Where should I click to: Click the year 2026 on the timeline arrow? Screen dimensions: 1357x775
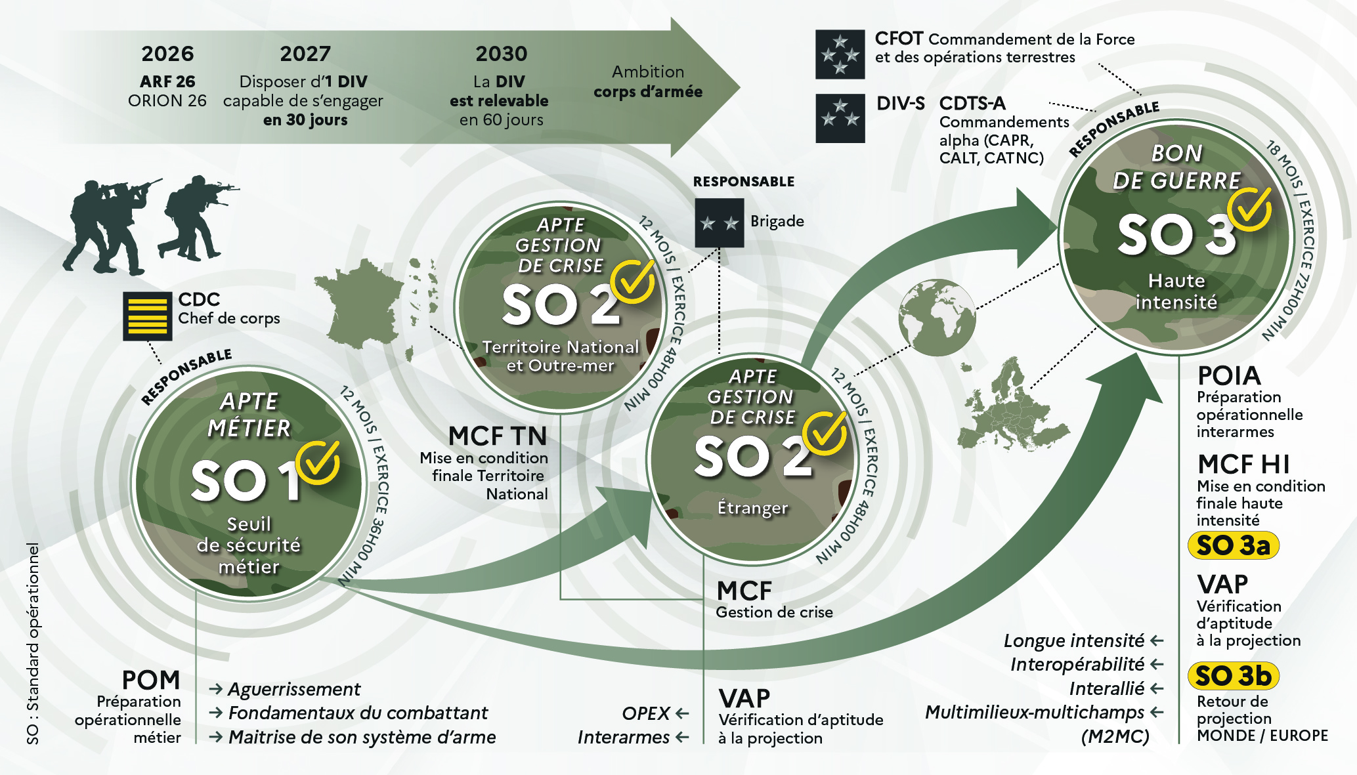[x=167, y=54]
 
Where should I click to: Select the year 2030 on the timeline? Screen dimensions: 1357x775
[x=502, y=54]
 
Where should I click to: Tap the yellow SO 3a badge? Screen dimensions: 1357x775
[x=1234, y=545]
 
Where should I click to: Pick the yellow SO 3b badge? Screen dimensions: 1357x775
[x=1234, y=676]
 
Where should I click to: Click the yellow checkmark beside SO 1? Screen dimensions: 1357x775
[x=318, y=462]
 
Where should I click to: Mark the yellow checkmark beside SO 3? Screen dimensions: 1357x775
[x=1250, y=209]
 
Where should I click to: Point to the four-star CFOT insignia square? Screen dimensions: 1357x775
[x=840, y=54]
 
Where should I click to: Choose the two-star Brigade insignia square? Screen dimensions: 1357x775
[x=720, y=223]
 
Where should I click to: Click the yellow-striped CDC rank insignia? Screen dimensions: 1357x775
[x=148, y=316]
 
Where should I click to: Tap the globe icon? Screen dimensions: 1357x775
[x=937, y=318]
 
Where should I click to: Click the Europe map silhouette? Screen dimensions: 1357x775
[x=1011, y=405]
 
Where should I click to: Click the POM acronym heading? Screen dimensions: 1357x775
[x=151, y=680]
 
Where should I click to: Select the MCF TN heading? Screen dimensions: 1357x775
[x=498, y=436]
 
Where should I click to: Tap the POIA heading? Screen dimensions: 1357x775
[x=1229, y=376]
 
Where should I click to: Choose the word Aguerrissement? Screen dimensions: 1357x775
[x=294, y=689]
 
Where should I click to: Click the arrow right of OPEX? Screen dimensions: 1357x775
[x=682, y=713]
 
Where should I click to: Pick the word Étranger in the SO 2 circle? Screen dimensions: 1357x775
[x=752, y=508]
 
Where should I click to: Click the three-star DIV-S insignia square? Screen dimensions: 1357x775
[x=840, y=119]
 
